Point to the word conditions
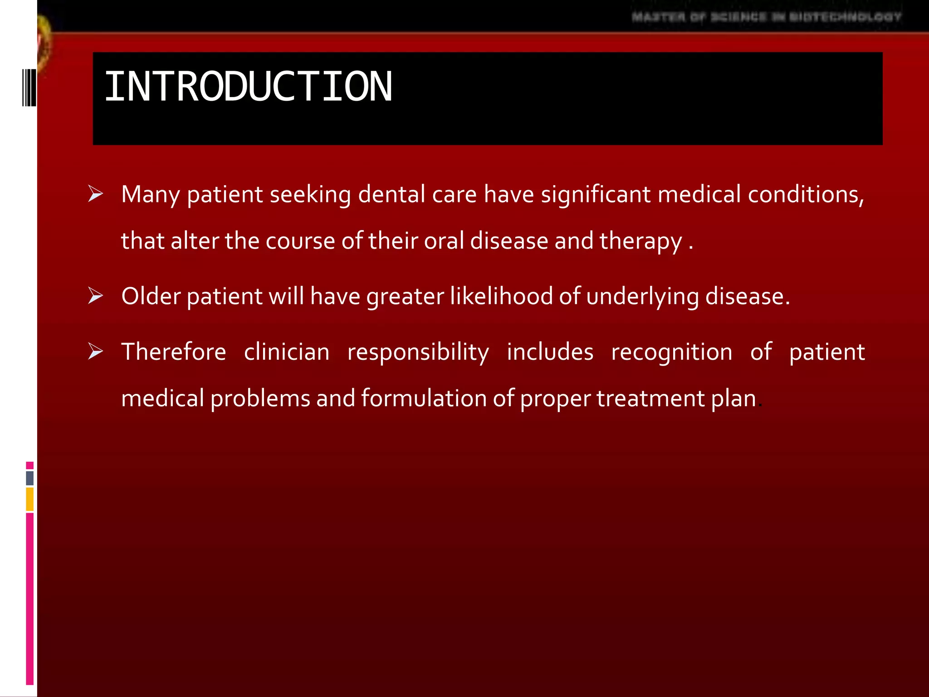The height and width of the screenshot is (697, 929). pos(805,194)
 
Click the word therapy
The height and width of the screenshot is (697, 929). pos(641,241)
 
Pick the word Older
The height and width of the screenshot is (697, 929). pos(151,296)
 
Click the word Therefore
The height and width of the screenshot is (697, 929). pos(174,352)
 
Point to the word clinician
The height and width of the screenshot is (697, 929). pos(287,352)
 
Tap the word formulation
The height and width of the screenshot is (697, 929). pos(424,398)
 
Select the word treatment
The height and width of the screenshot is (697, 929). pos(650,398)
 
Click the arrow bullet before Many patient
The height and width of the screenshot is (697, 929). pos(95,194)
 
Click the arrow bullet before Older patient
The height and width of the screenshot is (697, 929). pos(95,296)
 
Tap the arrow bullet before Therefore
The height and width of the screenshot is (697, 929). pos(95,352)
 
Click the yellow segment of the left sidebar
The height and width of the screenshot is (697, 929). pos(30,499)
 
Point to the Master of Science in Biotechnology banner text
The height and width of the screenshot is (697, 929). pos(766,17)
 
